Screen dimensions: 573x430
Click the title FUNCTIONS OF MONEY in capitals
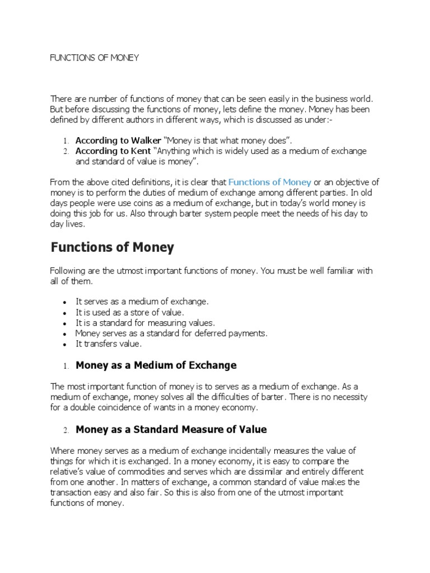[x=94, y=58]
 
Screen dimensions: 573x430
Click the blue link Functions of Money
[x=270, y=182]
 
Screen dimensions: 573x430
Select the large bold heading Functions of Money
[x=113, y=247]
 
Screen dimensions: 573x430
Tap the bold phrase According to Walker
[x=118, y=140]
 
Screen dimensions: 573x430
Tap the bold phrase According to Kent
[x=113, y=151]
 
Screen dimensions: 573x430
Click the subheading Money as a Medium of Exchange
[x=156, y=365]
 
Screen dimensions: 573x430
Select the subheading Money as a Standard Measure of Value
[x=171, y=430]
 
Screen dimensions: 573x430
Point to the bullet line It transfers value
[x=109, y=344]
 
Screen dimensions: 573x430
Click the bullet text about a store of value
[x=129, y=312]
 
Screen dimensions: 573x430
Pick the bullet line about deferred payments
[x=171, y=334]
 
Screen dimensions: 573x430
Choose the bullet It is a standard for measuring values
[x=145, y=323]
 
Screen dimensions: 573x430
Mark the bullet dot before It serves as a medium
[x=66, y=302]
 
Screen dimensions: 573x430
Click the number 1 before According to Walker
[x=66, y=141]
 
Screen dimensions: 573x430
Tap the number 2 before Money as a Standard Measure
[x=66, y=430]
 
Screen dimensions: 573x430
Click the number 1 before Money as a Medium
[x=66, y=366]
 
